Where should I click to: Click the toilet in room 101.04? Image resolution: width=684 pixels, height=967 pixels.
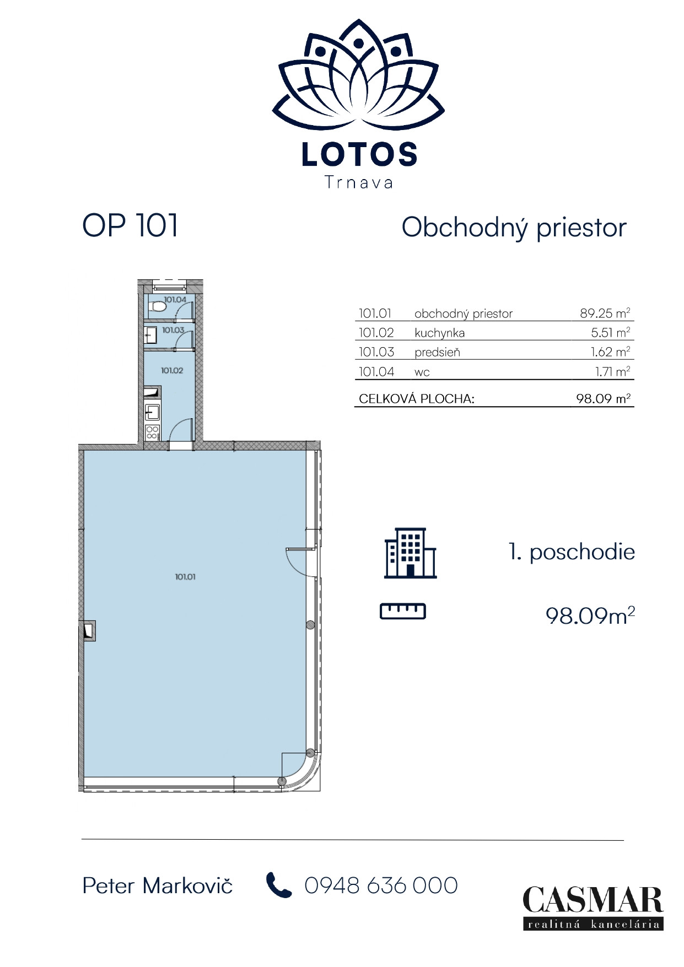point(158,306)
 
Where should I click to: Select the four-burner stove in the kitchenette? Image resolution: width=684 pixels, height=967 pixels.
point(153,432)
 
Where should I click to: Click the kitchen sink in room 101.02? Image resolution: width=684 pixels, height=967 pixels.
point(152,412)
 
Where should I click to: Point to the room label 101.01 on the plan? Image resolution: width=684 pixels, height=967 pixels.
point(185,576)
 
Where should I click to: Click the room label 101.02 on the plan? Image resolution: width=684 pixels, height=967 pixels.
point(172,370)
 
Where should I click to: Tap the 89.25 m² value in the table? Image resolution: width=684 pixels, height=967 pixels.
point(605,313)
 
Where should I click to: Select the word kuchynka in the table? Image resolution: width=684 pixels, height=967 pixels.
point(439,333)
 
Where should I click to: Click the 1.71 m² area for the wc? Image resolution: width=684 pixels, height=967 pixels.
point(612,371)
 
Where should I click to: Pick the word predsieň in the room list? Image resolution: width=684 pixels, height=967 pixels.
point(437,352)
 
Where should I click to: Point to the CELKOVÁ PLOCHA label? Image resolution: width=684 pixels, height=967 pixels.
point(416,398)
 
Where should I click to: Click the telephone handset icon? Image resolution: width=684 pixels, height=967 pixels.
point(278,885)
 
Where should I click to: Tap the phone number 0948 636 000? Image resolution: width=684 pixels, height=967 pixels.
point(381,885)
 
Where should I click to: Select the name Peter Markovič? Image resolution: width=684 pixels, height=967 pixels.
point(157,885)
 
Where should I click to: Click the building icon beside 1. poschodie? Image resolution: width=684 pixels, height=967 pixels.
point(410,553)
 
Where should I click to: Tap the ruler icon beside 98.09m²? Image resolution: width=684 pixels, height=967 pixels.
point(403,611)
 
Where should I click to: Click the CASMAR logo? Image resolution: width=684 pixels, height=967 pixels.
point(593,907)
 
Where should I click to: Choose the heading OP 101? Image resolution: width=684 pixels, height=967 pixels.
point(130,225)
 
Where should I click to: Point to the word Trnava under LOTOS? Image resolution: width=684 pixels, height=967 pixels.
point(359,182)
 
